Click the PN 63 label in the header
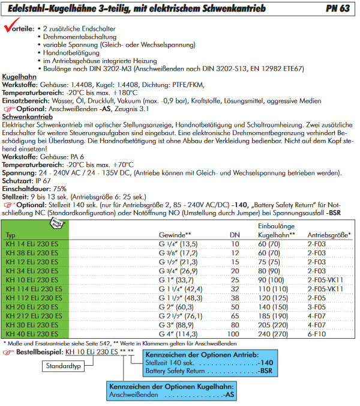click(x=340, y=9)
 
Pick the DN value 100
click(x=234, y=334)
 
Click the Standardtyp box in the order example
click(x=64, y=365)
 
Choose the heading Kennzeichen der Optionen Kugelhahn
click(x=172, y=387)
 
